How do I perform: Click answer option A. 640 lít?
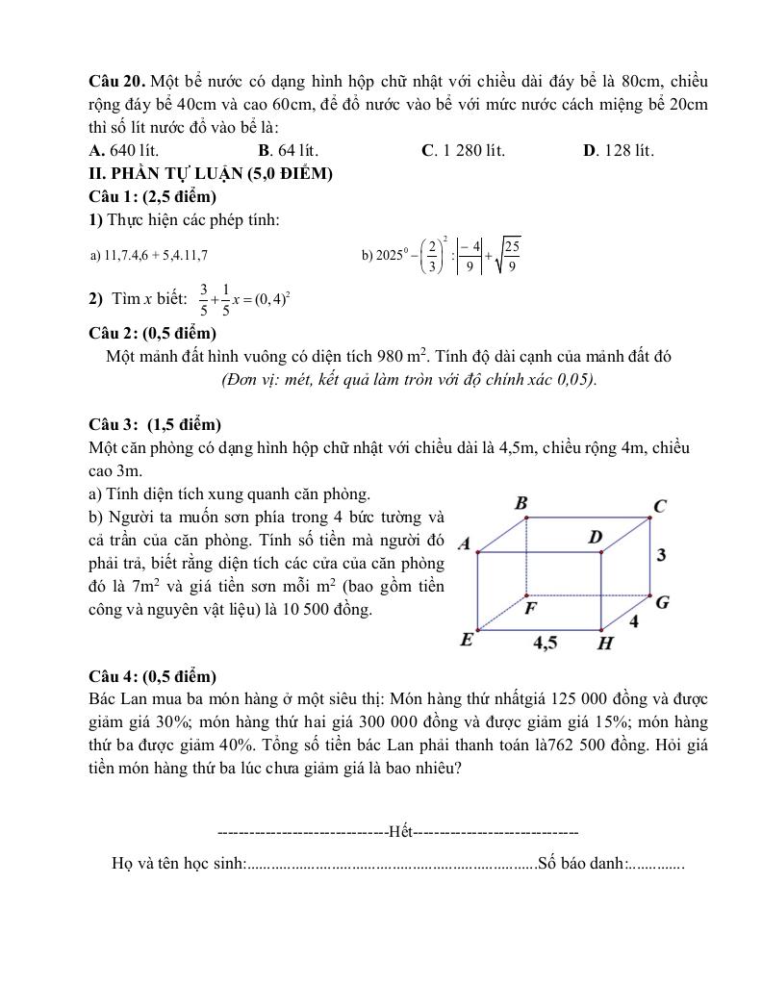click(x=123, y=151)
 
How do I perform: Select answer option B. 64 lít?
click(x=289, y=151)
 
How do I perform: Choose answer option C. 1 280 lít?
click(x=463, y=151)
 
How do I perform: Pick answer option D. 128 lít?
click(x=619, y=151)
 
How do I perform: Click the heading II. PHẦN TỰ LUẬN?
click(x=210, y=174)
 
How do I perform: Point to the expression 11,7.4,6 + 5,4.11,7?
click(x=147, y=256)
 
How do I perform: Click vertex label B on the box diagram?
click(x=521, y=502)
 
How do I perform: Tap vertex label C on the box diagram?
click(x=660, y=506)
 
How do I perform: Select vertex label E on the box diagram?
click(x=467, y=640)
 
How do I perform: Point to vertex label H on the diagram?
click(x=605, y=643)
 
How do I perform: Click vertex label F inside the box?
click(x=530, y=608)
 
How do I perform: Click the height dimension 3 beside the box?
click(x=661, y=555)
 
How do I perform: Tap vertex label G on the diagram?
click(x=662, y=603)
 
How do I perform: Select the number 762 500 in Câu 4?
click(x=577, y=745)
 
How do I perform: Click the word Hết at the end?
click(x=398, y=830)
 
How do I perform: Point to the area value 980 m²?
click(x=412, y=356)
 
